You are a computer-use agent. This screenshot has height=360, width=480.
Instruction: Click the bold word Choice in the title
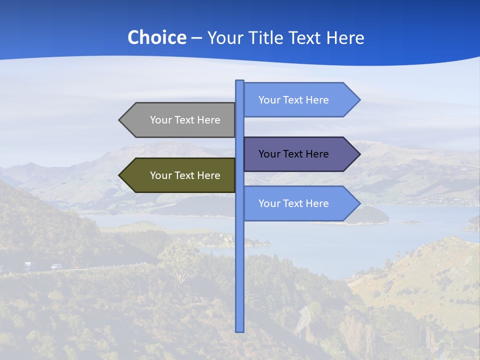(156, 37)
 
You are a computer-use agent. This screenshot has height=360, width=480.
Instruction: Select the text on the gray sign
(185, 120)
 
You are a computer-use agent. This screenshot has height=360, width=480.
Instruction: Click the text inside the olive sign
(185, 175)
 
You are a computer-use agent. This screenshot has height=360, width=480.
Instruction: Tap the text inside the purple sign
(293, 154)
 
